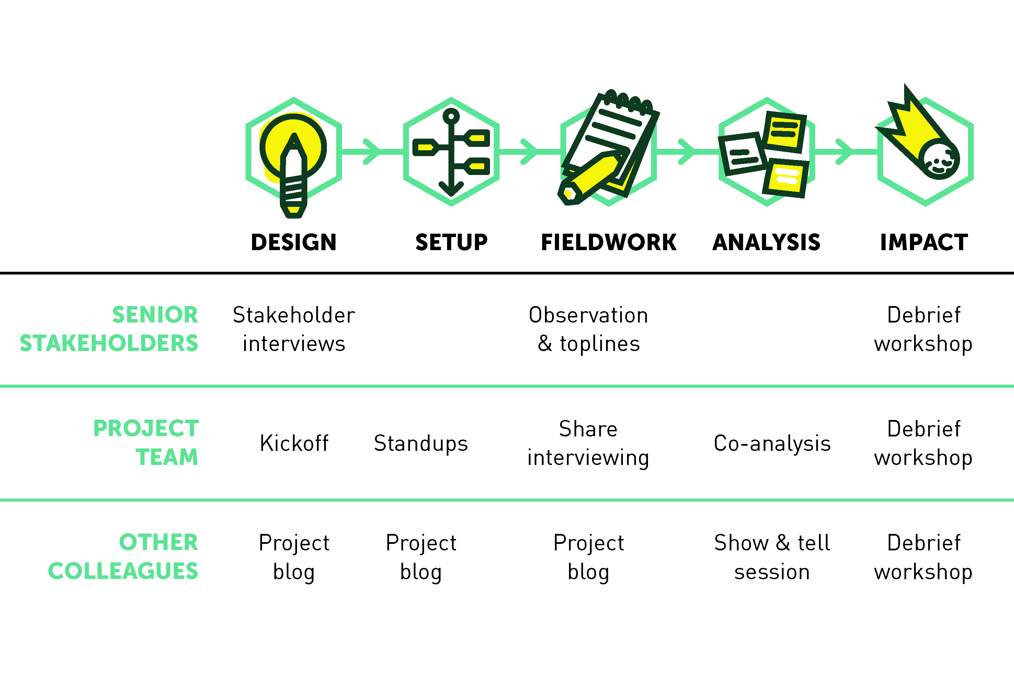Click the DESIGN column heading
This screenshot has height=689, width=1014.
pos(294,243)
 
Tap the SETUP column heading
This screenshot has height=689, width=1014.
pos(452,243)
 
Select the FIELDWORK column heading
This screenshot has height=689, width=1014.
pos(609,243)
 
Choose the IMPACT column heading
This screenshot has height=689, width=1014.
pos(924,243)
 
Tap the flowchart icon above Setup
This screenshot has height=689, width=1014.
pos(451,152)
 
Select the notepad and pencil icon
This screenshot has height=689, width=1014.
pos(609,148)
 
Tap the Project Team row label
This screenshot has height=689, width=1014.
pos(146,443)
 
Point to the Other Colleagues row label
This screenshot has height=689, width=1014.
pos(123,557)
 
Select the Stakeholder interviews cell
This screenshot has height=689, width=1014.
pos(294,329)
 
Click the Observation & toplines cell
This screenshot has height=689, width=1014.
pos(589,329)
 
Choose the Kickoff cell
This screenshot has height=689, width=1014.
pos(294,443)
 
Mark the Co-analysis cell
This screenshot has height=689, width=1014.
pos(772,443)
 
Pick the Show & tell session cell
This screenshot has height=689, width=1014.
pos(772,557)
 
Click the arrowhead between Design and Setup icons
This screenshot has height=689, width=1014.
pos(372,152)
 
